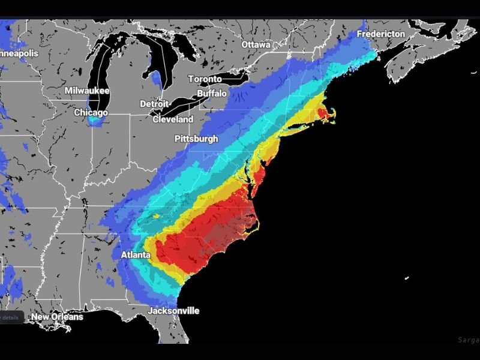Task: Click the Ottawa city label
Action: pos(256,45)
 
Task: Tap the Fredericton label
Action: pos(380,34)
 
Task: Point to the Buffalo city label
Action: pos(212,94)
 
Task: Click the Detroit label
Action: pos(154,104)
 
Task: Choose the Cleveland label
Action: pos(173,119)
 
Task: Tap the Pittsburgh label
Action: pos(196,139)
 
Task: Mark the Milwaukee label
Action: pos(87,91)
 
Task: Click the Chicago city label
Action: pos(91,113)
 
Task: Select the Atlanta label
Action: pos(136,255)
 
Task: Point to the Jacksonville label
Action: pos(173,311)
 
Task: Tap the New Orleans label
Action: pos(57,317)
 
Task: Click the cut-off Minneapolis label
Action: pos(19,53)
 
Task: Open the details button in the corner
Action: pos(11,317)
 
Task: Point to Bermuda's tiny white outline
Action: pos(406,277)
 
